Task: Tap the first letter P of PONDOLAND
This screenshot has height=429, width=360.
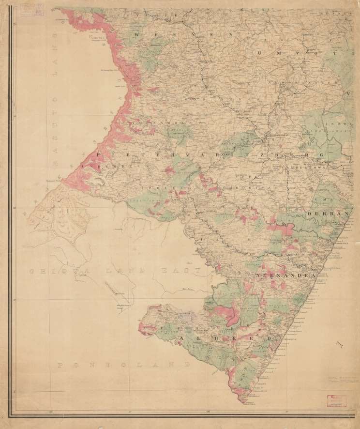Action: (x=60, y=364)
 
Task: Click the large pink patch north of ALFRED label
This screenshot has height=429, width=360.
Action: (x=228, y=312)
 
